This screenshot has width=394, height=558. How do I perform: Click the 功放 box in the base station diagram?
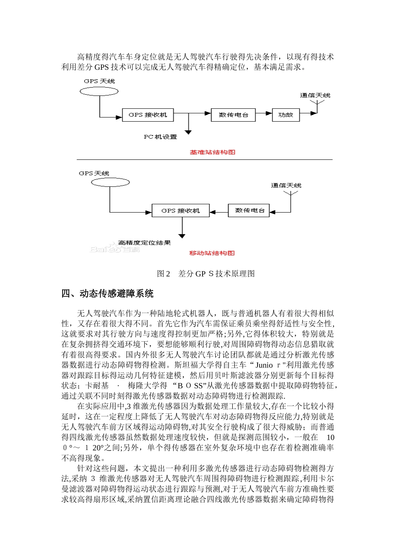[285, 115]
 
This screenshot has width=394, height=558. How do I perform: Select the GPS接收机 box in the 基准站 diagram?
[148, 115]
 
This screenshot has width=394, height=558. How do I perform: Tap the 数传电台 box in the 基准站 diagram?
[233, 115]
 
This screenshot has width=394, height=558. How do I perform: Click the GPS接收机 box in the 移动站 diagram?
[180, 210]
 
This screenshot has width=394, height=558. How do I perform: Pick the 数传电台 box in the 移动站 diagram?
[249, 210]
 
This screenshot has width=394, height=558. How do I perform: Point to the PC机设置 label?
[160, 137]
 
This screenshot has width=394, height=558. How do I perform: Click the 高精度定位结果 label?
[144, 243]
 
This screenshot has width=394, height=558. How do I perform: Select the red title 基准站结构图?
[212, 152]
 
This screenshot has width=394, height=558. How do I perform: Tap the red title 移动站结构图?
[212, 253]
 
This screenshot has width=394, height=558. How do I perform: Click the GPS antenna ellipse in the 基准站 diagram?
[99, 91]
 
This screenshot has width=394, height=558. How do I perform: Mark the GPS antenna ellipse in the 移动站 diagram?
[110, 182]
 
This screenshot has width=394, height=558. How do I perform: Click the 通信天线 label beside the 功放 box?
[315, 95]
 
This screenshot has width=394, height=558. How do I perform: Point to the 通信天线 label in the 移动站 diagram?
[286, 186]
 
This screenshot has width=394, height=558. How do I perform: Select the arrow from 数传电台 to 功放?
[264, 113]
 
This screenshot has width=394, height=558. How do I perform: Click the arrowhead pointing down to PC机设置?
[188, 132]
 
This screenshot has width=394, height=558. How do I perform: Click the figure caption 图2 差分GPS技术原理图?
[206, 274]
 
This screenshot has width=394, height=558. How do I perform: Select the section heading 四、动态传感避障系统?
[107, 294]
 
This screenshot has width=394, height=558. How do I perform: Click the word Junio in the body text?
[264, 365]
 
